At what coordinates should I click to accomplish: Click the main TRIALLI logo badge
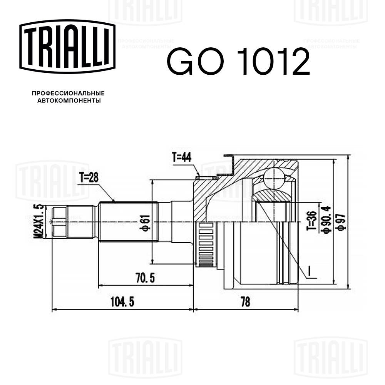tap(67, 47)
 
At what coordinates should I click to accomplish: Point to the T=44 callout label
tap(182, 157)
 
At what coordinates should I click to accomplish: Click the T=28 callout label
tap(89, 177)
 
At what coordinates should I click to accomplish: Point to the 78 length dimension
tap(245, 302)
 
